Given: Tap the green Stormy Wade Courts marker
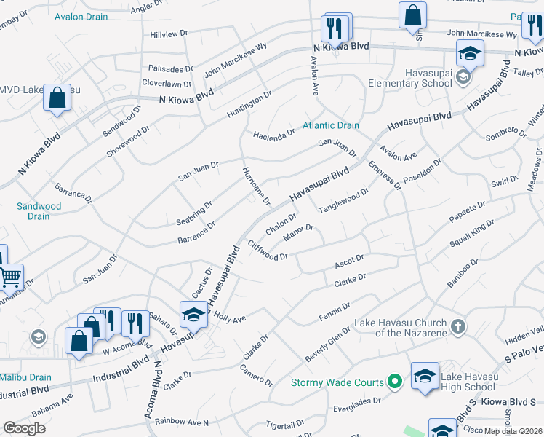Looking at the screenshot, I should click(394, 382).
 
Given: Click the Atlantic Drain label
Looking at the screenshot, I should click(331, 125).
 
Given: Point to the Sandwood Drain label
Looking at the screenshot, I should click(39, 211).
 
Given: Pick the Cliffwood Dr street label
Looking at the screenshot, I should click(268, 250).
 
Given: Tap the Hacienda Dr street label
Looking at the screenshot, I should click(273, 134).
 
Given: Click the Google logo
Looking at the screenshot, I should click(24, 428).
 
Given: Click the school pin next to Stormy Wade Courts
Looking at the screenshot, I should click(425, 376).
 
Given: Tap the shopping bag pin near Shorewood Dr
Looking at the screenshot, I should click(57, 98).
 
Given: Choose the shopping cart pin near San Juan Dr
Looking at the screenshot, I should click(10, 276).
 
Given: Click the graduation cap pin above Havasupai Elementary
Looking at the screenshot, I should click(470, 52).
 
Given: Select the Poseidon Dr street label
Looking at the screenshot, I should click(425, 174).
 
